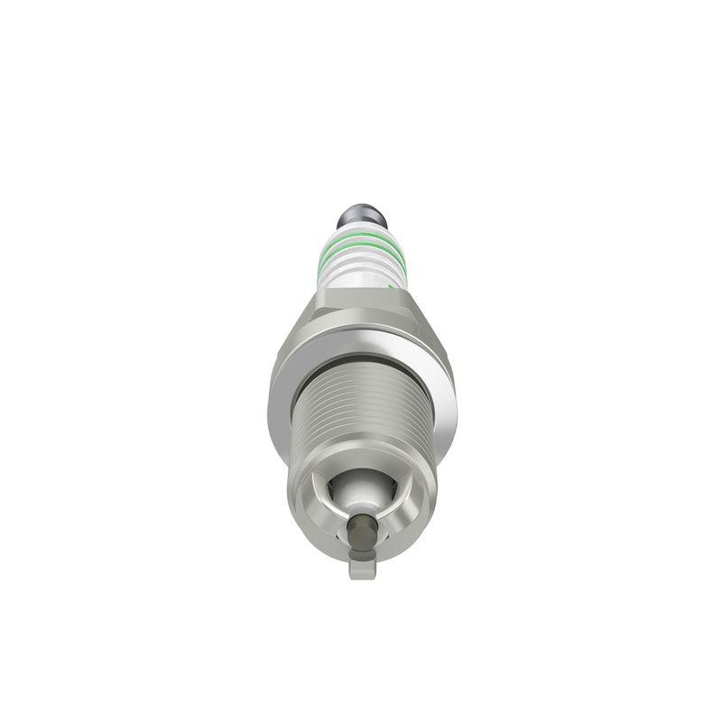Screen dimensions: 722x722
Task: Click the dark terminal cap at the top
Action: pos(361,218)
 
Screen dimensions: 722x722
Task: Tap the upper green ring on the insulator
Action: pos(361,239)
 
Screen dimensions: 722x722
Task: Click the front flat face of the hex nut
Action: pos(361,311)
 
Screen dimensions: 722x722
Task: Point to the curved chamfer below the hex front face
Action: pos(361,341)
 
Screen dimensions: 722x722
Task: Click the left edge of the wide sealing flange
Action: pos(273,397)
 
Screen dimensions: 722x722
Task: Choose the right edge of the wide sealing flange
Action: pos(450,397)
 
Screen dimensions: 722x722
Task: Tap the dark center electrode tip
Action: pos(361,527)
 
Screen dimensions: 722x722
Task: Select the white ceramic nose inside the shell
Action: pos(361,492)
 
